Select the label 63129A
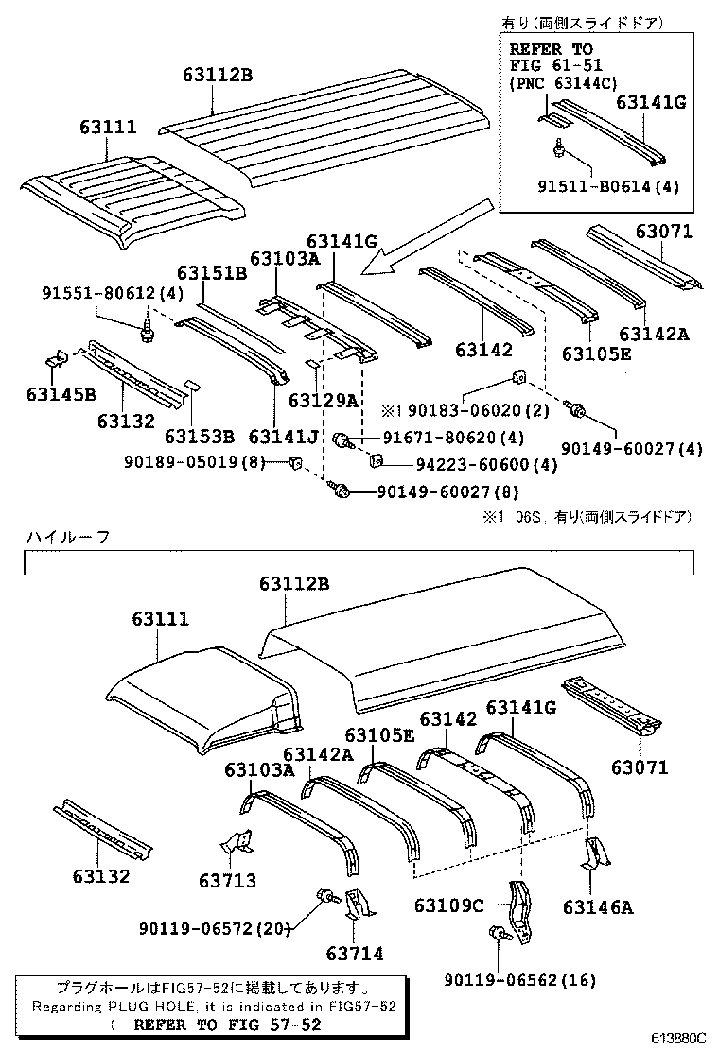click(323, 400)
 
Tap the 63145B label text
click(61, 393)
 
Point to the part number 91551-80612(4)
click(111, 294)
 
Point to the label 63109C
click(448, 905)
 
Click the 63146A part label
click(597, 907)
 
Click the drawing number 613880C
click(676, 1037)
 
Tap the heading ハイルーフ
click(67, 536)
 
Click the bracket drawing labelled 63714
click(359, 904)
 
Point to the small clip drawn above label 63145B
click(56, 360)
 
